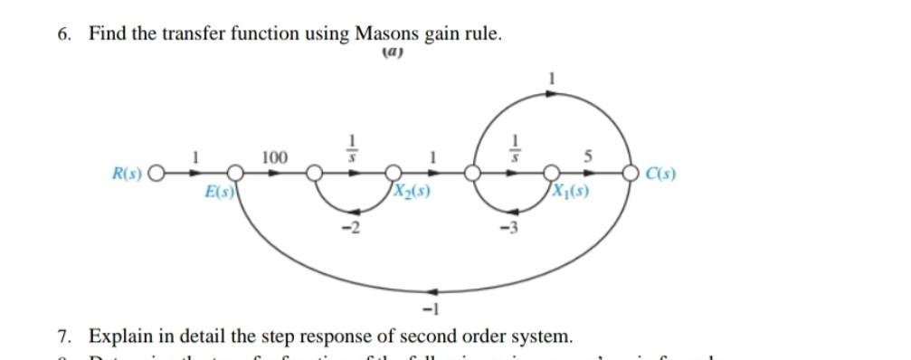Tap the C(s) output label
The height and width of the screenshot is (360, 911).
tap(660, 172)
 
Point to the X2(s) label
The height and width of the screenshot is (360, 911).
tap(412, 192)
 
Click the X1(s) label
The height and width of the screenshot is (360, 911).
tap(569, 192)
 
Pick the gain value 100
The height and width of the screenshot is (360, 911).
tap(274, 157)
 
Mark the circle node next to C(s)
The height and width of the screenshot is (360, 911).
tap(630, 172)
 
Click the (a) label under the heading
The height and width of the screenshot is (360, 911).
tap(393, 52)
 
